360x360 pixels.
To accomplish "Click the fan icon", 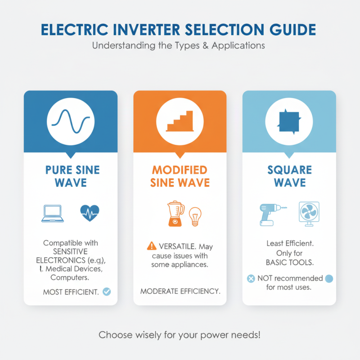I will (309, 212).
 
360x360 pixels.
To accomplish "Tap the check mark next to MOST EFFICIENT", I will (107, 292).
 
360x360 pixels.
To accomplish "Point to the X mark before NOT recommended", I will (251, 279).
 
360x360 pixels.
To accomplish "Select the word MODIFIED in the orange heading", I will (180, 170).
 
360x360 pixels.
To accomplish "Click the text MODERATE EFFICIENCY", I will (180, 291).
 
